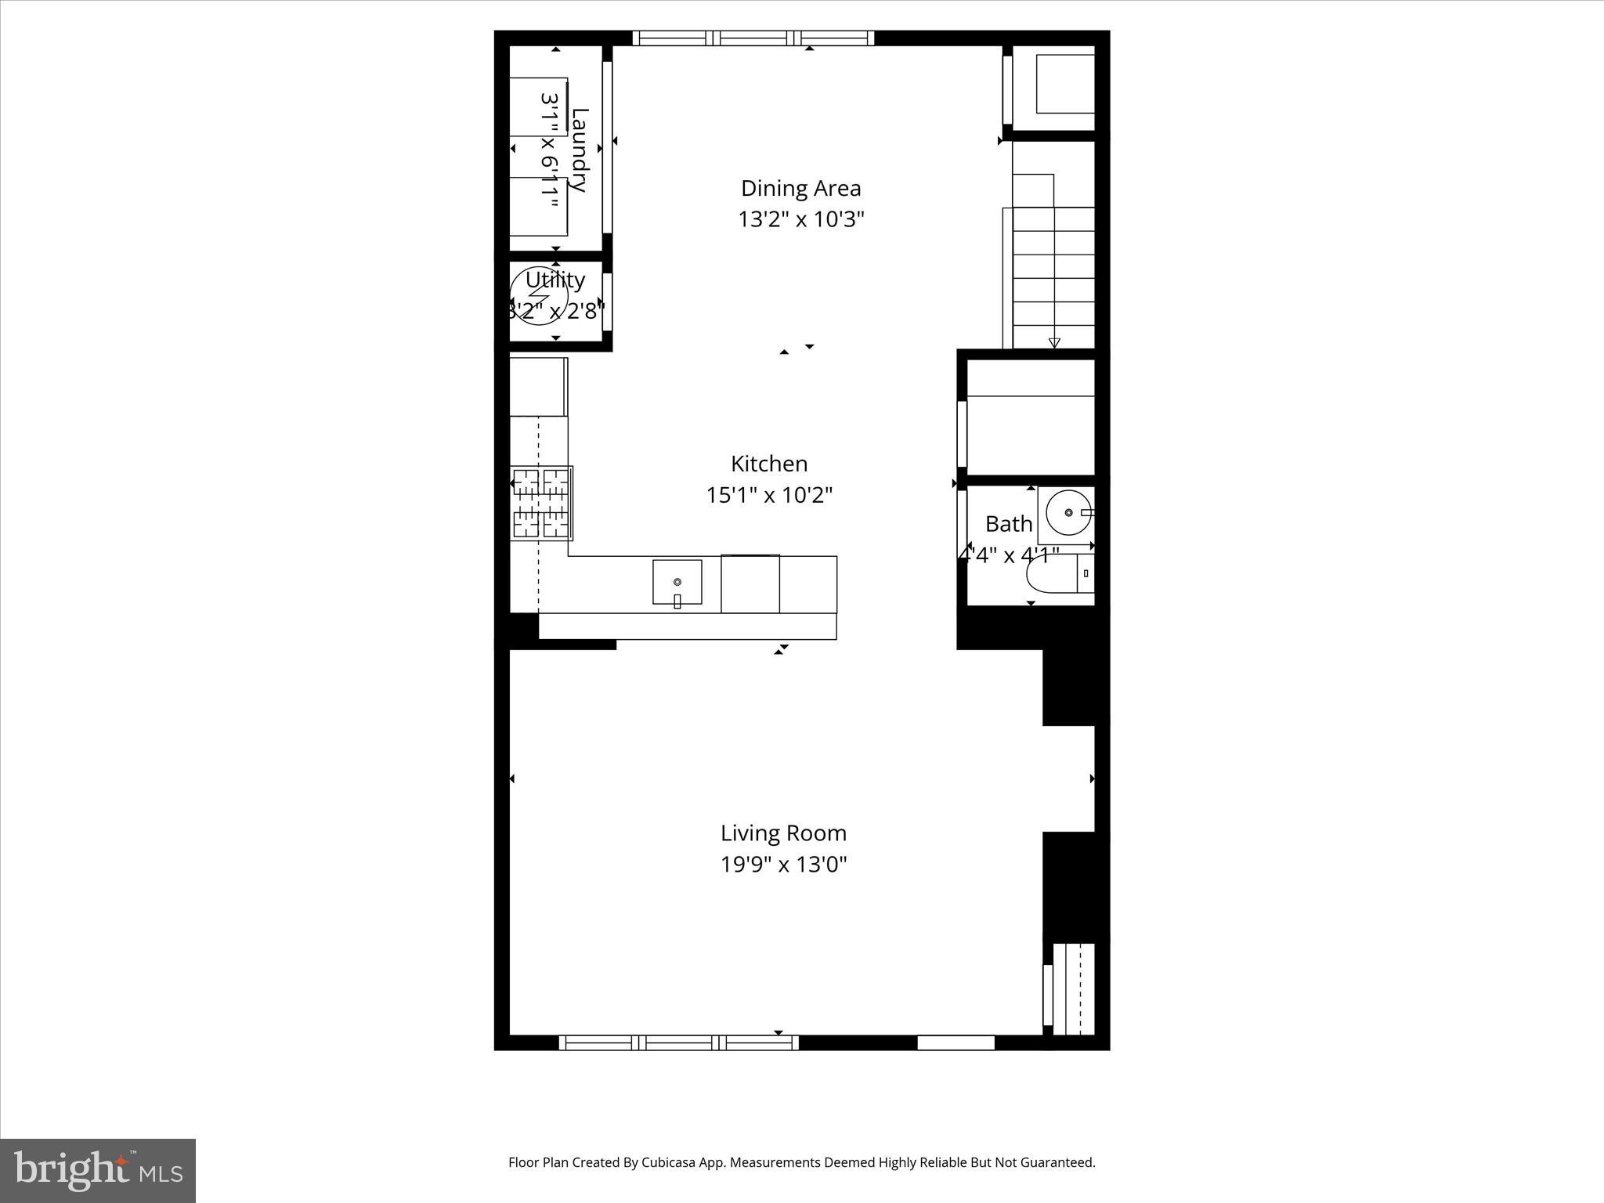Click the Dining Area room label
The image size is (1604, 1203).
pyautogui.click(x=800, y=188)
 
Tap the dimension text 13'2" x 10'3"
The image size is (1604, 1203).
pyautogui.click(x=800, y=219)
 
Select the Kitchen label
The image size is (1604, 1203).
pyautogui.click(x=769, y=464)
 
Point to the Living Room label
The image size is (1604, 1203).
pyautogui.click(x=783, y=833)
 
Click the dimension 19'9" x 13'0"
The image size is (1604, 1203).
pyautogui.click(x=783, y=865)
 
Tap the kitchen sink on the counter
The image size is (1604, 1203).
pyautogui.click(x=677, y=583)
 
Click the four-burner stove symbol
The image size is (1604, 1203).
pyautogui.click(x=541, y=503)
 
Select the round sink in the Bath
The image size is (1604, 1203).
pyautogui.click(x=1068, y=513)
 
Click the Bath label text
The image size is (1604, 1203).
pyautogui.click(x=1008, y=523)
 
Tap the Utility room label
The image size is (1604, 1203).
pyautogui.click(x=555, y=280)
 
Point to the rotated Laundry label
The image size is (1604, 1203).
pyautogui.click(x=579, y=150)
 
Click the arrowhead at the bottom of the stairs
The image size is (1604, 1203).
pyautogui.click(x=1054, y=342)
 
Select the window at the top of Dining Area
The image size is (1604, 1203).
pyautogui.click(x=753, y=38)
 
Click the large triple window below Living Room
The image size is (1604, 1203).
pyautogui.click(x=678, y=1042)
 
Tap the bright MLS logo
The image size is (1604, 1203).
pyautogui.click(x=98, y=1170)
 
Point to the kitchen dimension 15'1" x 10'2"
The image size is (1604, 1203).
pyautogui.click(x=769, y=495)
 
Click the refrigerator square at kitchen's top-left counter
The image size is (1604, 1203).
pyautogui.click(x=538, y=387)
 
